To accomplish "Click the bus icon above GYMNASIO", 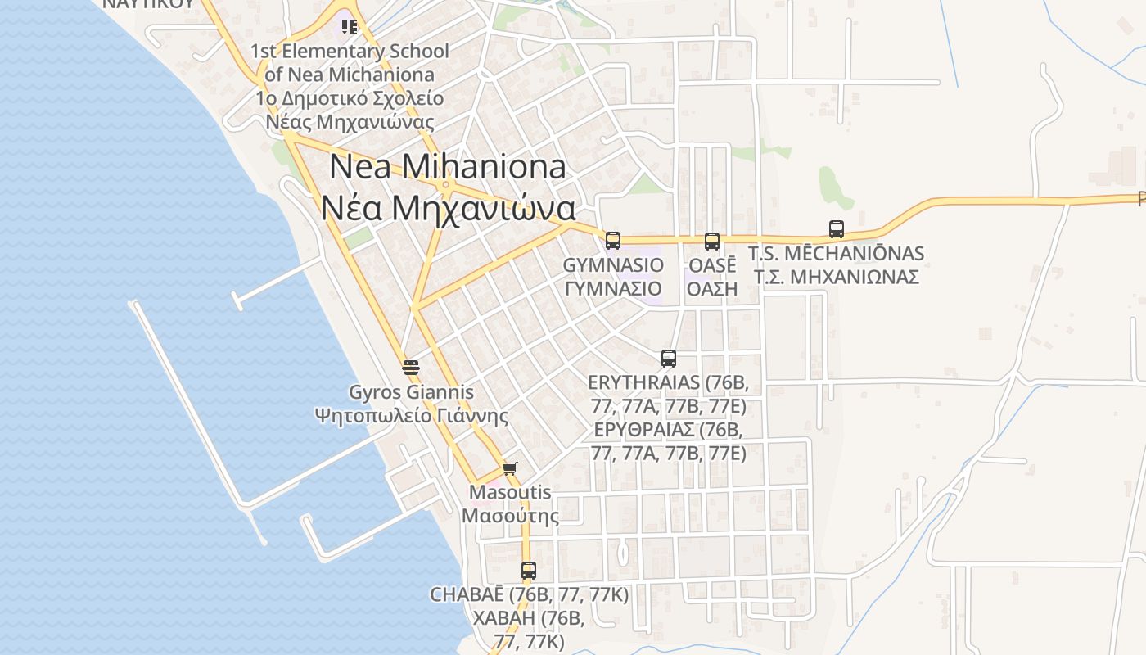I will point(613,240).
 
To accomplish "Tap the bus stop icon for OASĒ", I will point(712,241).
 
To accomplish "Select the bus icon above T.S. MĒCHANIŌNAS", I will point(836,229).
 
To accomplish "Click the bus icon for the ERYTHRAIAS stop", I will point(669,358).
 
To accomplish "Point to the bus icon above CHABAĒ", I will point(529,570).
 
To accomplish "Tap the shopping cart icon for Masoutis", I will point(510,468).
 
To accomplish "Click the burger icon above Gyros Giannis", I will point(411,367).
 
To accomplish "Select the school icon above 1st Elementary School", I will point(350,27).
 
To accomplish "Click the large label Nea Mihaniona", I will point(447,167).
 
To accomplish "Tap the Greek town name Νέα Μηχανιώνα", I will point(447,208).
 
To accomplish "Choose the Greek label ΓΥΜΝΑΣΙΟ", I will point(613,288).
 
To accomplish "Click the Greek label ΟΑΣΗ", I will point(712,288).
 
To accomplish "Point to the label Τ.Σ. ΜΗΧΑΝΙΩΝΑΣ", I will point(836,277).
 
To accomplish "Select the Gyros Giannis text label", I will point(411,392).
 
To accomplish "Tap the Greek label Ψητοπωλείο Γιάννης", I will point(411,416).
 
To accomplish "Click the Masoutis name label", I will point(510,493).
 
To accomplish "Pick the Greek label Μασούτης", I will point(510,516).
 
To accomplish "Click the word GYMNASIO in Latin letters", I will point(613,265).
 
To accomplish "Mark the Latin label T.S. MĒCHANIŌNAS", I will point(836,254).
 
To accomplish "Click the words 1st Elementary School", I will point(350,51).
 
